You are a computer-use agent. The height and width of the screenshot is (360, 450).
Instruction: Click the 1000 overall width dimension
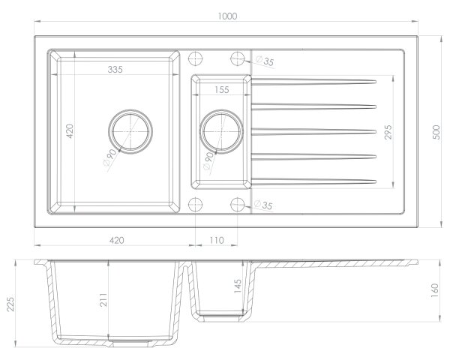tap(227, 16)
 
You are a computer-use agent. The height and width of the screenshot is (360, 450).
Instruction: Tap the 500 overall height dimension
tap(436, 132)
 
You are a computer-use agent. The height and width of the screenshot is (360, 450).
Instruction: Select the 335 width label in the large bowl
tap(115, 70)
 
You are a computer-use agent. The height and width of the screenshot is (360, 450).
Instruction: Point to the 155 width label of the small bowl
tap(222, 90)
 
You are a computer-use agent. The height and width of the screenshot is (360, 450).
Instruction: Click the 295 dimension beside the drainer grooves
tap(388, 132)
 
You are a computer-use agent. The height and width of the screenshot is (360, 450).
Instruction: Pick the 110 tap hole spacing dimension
tap(217, 240)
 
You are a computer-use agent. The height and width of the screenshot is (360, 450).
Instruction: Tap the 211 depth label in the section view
tap(103, 300)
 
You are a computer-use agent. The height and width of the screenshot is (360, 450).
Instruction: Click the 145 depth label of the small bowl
tap(238, 286)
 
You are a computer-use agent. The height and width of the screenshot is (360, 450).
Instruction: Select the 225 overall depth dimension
tap(10, 304)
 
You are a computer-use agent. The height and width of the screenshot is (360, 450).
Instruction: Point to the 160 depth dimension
tap(435, 290)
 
